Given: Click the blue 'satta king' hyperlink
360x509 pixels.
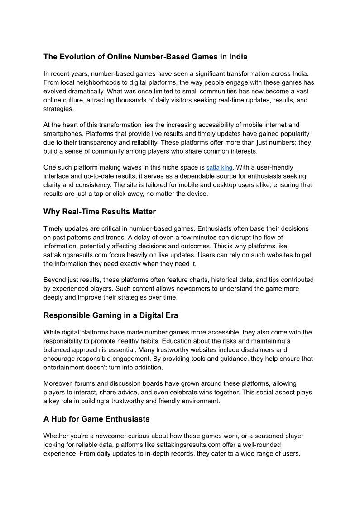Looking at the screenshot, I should pyautogui.click(x=219, y=168).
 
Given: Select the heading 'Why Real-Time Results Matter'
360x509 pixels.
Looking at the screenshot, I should pyautogui.click(x=99, y=212).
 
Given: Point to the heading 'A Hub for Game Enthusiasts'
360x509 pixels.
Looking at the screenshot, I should pyautogui.click(x=96, y=419).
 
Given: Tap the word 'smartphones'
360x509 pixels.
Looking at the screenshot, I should pyautogui.click(x=62, y=134).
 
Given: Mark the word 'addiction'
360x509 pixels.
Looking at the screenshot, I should pyautogui.click(x=148, y=367).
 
